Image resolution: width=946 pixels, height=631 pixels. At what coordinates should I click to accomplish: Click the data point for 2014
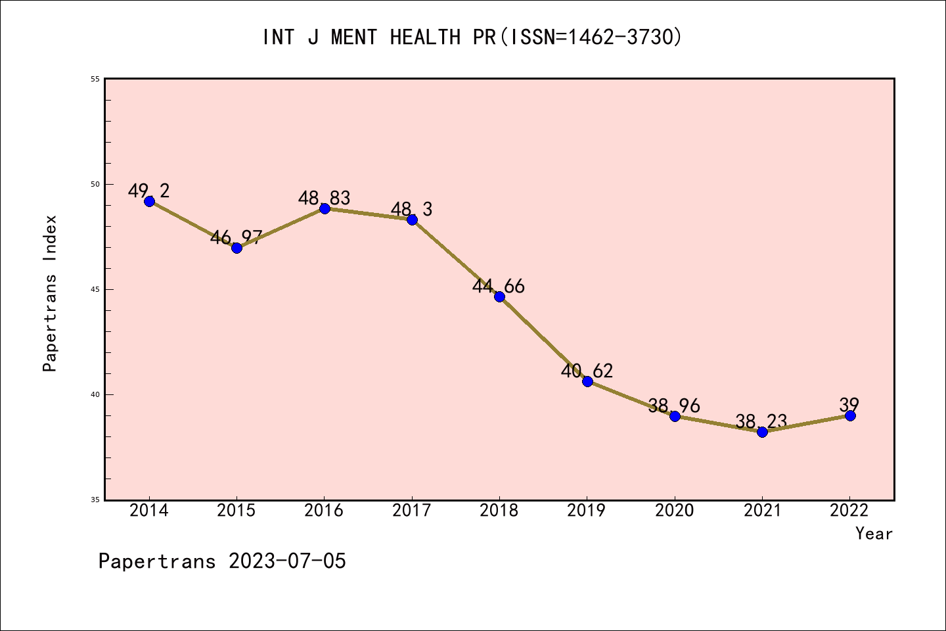[149, 201]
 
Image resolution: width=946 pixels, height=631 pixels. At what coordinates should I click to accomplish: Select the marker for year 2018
[499, 296]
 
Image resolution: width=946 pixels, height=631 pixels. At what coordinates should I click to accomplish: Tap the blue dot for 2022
[850, 415]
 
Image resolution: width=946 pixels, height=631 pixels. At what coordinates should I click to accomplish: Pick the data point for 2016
[325, 208]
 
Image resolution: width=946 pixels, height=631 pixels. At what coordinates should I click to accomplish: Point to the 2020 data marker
[675, 416]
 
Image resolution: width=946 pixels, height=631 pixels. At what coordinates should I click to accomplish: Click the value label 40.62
[587, 371]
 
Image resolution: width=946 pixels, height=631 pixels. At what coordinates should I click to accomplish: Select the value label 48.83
[324, 198]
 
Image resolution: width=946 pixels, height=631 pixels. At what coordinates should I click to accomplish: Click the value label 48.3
[411, 209]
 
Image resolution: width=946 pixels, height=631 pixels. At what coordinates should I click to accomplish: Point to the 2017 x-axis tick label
[412, 511]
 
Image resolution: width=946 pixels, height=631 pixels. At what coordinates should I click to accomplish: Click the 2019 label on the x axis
[587, 511]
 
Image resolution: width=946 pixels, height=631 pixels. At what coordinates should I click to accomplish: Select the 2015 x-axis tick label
[236, 511]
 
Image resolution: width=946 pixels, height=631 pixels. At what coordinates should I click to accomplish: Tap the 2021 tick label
[762, 511]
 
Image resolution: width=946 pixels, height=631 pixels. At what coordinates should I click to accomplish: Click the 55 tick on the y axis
[95, 79]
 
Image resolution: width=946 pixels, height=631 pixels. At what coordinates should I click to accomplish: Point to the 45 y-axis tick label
[95, 289]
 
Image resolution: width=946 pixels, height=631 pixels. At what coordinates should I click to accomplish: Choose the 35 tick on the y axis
[95, 500]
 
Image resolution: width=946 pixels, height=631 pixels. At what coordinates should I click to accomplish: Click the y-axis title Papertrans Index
[50, 293]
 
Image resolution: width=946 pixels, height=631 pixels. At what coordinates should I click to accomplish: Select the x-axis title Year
[874, 534]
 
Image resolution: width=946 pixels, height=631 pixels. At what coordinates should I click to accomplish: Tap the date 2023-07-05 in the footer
[287, 561]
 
